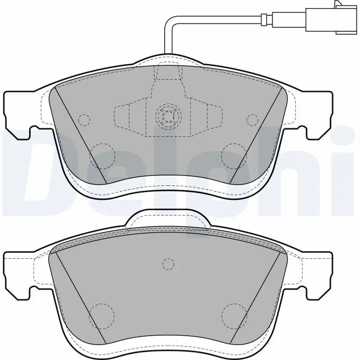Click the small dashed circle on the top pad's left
84,120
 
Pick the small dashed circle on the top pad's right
252,120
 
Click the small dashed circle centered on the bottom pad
168,265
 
